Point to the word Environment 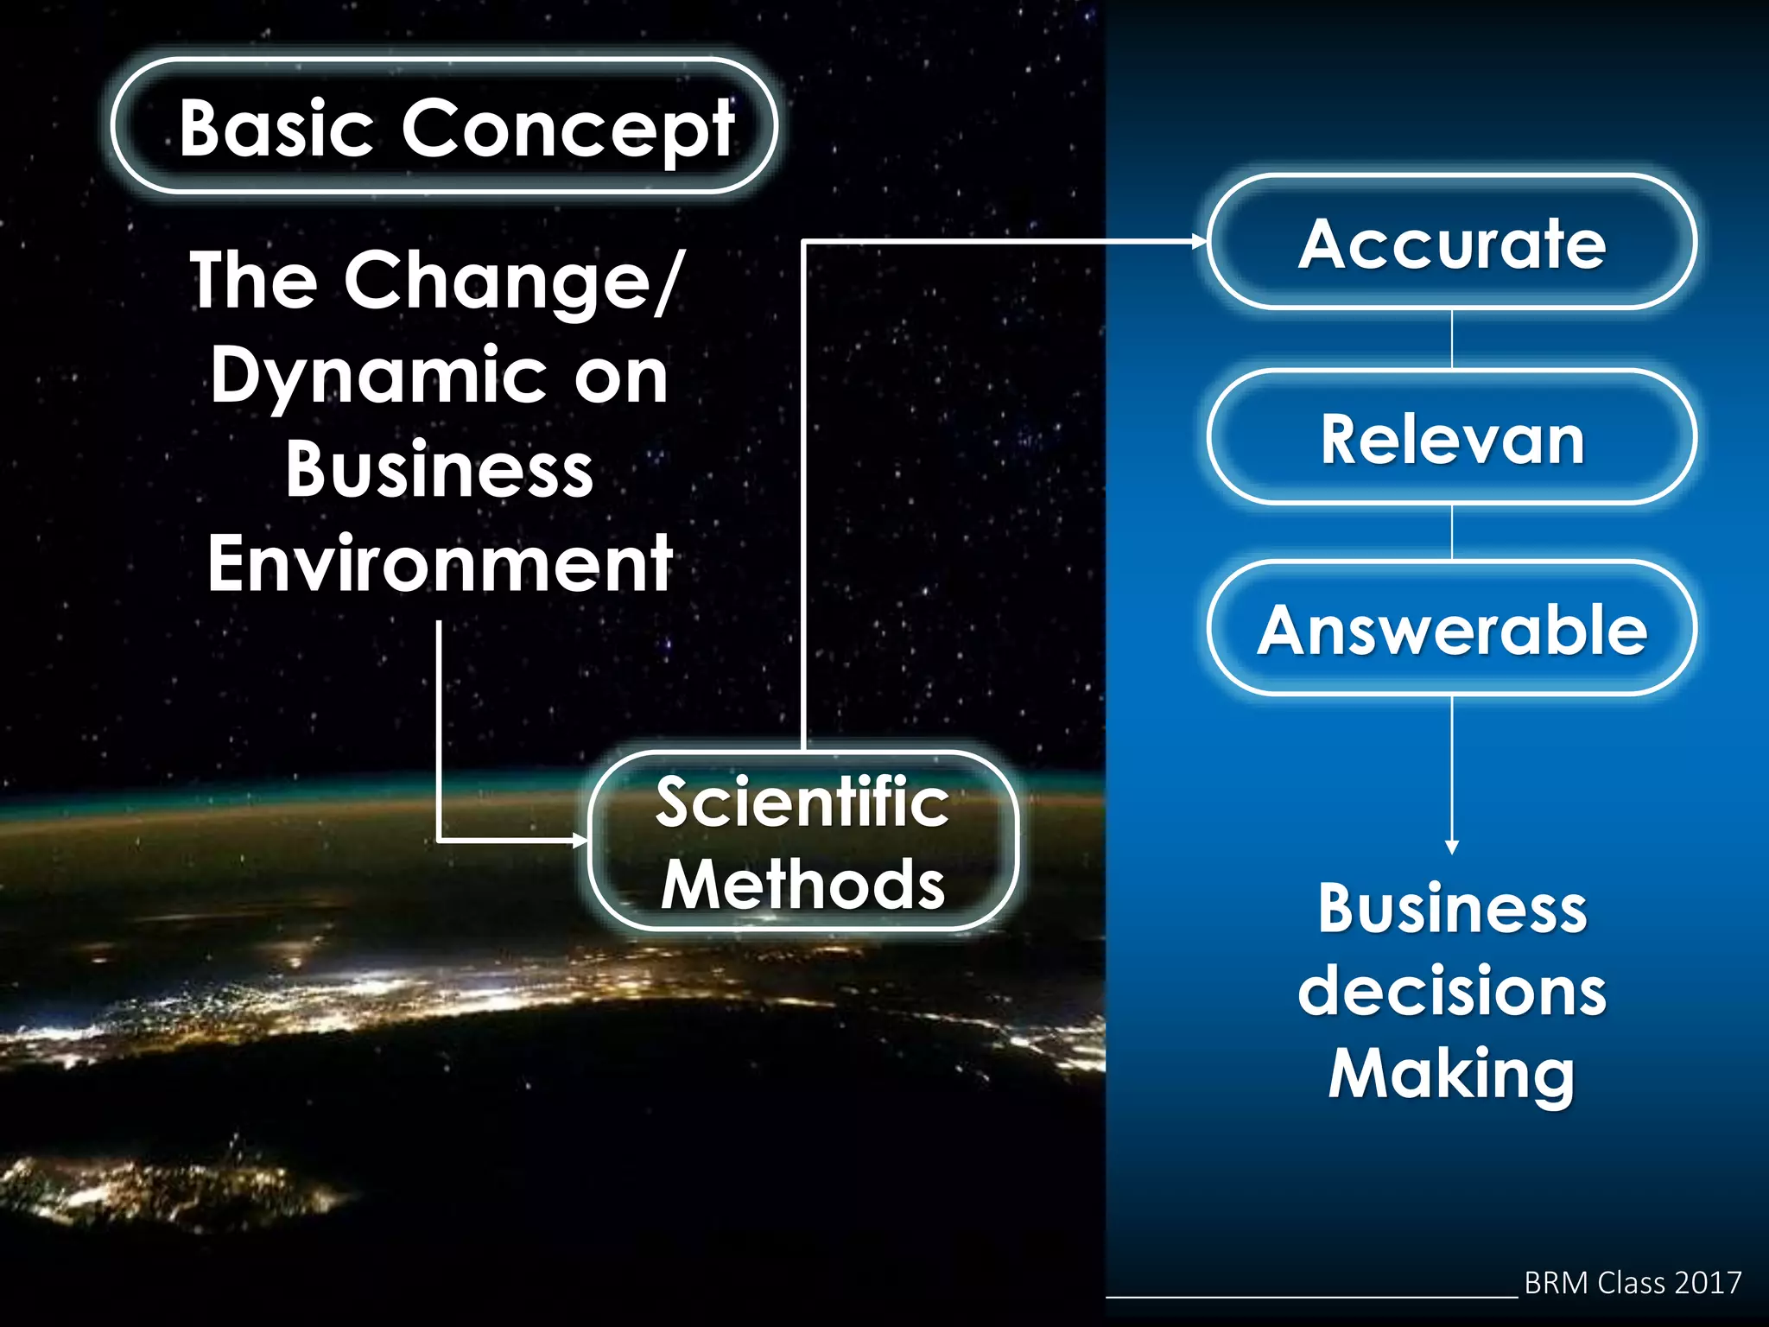pos(440,563)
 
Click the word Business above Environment pos(440,469)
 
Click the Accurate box pos(1451,244)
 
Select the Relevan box pos(1451,439)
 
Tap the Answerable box pos(1451,629)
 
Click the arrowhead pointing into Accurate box pos(1200,242)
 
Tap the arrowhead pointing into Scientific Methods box pos(580,840)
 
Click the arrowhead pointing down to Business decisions pos(1452,848)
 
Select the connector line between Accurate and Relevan pos(1452,340)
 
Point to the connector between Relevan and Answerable pos(1452,532)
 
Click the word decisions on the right pos(1451,991)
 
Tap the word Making pos(1451,1073)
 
